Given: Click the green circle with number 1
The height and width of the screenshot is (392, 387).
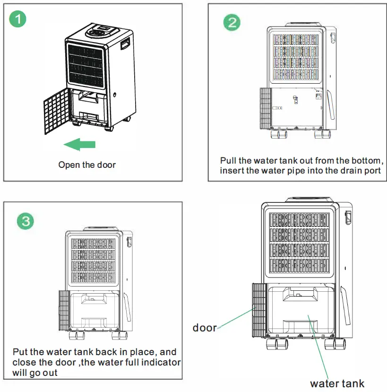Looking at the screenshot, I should click(x=18, y=19).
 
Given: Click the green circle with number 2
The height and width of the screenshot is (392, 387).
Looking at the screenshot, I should click(x=232, y=22).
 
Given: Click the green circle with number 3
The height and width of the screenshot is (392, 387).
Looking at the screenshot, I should click(x=25, y=221).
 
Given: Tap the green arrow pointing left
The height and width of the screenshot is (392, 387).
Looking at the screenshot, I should click(x=79, y=144).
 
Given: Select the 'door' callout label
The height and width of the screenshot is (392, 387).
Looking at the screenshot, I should click(x=204, y=328).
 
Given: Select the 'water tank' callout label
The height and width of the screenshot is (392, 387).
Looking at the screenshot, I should click(x=337, y=383).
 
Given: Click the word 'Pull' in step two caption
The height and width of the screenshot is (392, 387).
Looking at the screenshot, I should click(x=228, y=160).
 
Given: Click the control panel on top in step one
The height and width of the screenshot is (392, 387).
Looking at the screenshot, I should click(x=101, y=33).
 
